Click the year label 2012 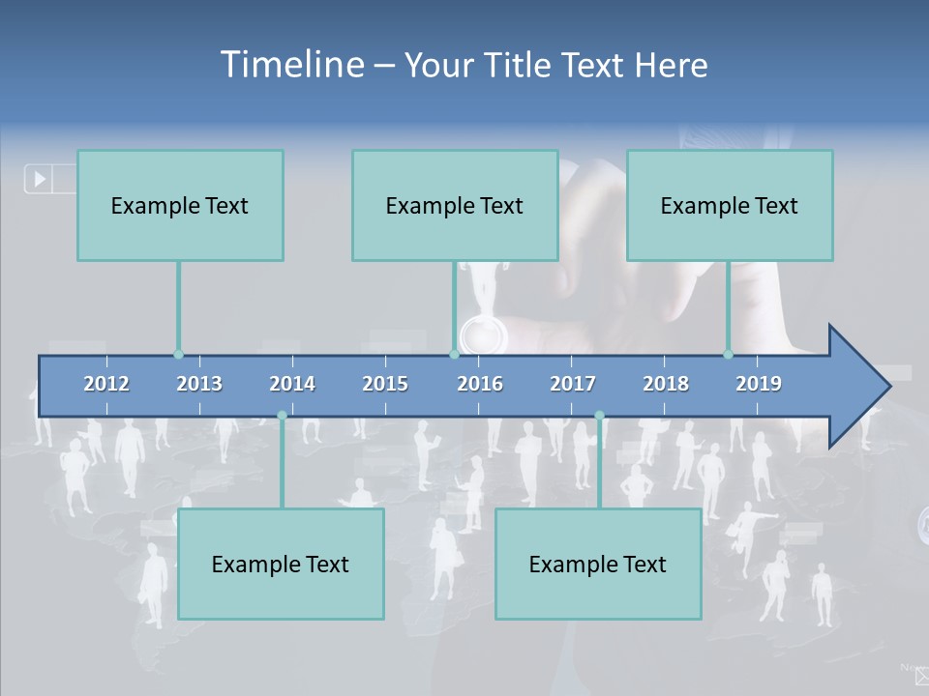[106, 384]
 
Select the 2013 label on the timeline [199, 384]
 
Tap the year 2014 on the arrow [292, 384]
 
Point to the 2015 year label [385, 384]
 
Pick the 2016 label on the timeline [480, 384]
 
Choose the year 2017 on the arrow [573, 384]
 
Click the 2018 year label [666, 384]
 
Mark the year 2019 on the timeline [759, 384]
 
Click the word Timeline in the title [291, 65]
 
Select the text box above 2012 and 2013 [180, 205]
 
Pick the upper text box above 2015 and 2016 [455, 205]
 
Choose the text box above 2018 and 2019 [730, 205]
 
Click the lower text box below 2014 [281, 564]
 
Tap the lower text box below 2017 [598, 564]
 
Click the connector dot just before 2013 [178, 354]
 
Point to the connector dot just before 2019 [729, 354]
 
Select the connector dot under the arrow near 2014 [282, 416]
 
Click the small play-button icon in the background [40, 179]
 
